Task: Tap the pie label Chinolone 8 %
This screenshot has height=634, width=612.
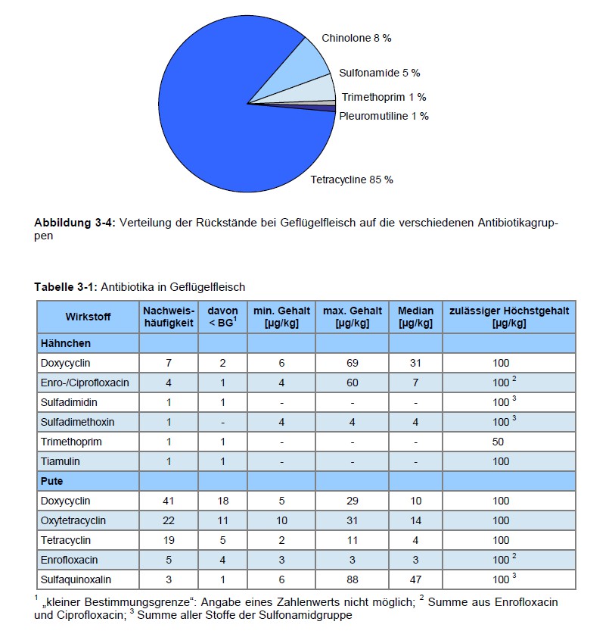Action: (x=356, y=38)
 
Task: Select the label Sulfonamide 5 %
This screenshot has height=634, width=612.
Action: (x=379, y=73)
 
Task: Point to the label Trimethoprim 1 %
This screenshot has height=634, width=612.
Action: (x=384, y=97)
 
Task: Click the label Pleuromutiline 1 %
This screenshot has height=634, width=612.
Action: (x=384, y=116)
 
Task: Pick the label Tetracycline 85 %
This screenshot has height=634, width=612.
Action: (x=352, y=180)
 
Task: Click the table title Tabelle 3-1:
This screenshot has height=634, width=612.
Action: (x=66, y=287)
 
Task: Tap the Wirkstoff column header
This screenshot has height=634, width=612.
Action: (x=88, y=317)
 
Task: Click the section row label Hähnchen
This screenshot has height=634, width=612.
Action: (x=66, y=343)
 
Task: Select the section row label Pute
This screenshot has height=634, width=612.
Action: (x=51, y=481)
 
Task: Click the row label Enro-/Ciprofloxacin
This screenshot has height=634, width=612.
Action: (x=85, y=383)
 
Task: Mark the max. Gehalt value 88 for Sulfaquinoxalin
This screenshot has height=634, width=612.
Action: (x=353, y=579)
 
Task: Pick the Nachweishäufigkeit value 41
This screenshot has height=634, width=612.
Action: (x=168, y=501)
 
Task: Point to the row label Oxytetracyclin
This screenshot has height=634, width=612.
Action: (x=73, y=520)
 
